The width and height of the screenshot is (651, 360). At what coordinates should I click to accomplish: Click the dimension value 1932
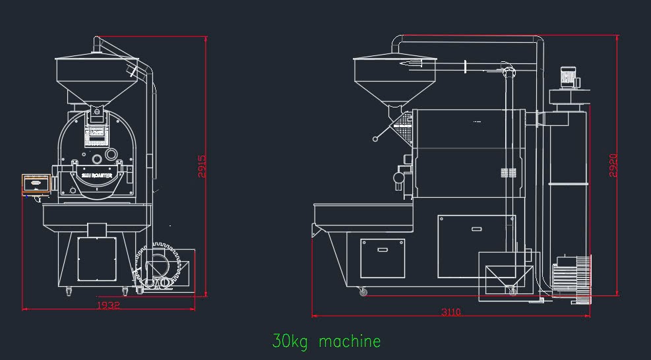[x=108, y=306]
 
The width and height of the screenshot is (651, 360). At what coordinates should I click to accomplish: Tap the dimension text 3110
[x=451, y=312]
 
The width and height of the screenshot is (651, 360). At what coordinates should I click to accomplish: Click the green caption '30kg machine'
[x=327, y=342]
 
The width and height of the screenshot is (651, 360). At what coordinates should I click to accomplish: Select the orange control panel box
[x=36, y=183]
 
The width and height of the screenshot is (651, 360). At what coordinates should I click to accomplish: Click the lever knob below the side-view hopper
[x=375, y=139]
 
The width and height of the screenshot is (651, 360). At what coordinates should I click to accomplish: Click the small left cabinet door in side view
[x=383, y=259]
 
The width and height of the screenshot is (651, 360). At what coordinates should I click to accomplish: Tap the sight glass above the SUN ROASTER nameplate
[x=97, y=158]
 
